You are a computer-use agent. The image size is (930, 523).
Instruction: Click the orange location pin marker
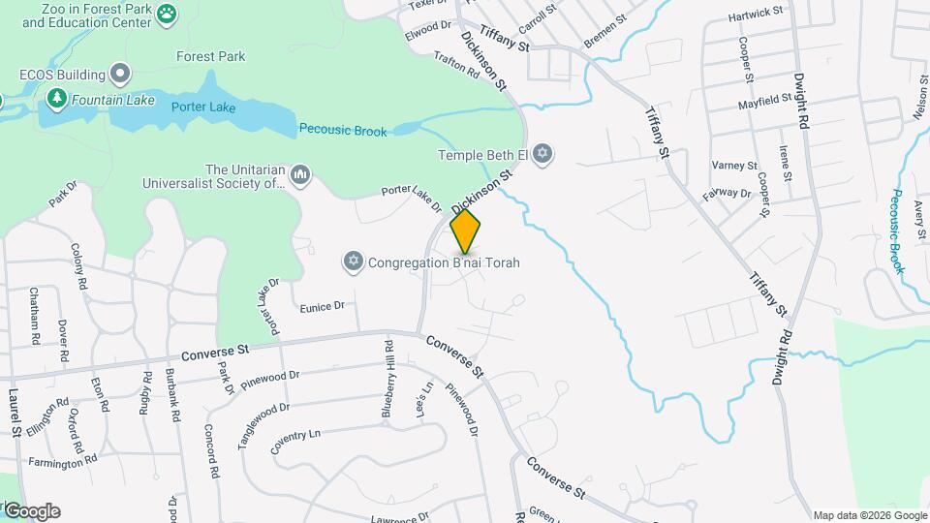[466, 231]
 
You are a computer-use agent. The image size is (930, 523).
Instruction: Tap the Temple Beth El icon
[543, 154]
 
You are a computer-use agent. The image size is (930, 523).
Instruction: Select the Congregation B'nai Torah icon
[354, 261]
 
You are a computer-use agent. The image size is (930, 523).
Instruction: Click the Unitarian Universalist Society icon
[300, 173]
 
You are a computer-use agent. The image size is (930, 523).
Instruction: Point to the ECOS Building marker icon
[120, 75]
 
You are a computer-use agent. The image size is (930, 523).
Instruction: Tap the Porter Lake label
[203, 108]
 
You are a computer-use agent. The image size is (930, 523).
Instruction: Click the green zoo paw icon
[169, 14]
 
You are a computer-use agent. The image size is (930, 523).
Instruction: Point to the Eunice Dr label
[322, 306]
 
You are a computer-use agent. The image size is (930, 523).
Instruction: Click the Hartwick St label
[757, 15]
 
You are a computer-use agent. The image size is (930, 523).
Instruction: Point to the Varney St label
[734, 166]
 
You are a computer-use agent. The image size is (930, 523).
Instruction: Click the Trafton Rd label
[457, 65]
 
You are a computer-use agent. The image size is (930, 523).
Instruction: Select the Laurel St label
[15, 412]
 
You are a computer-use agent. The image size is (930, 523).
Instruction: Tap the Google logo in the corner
[31, 510]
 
